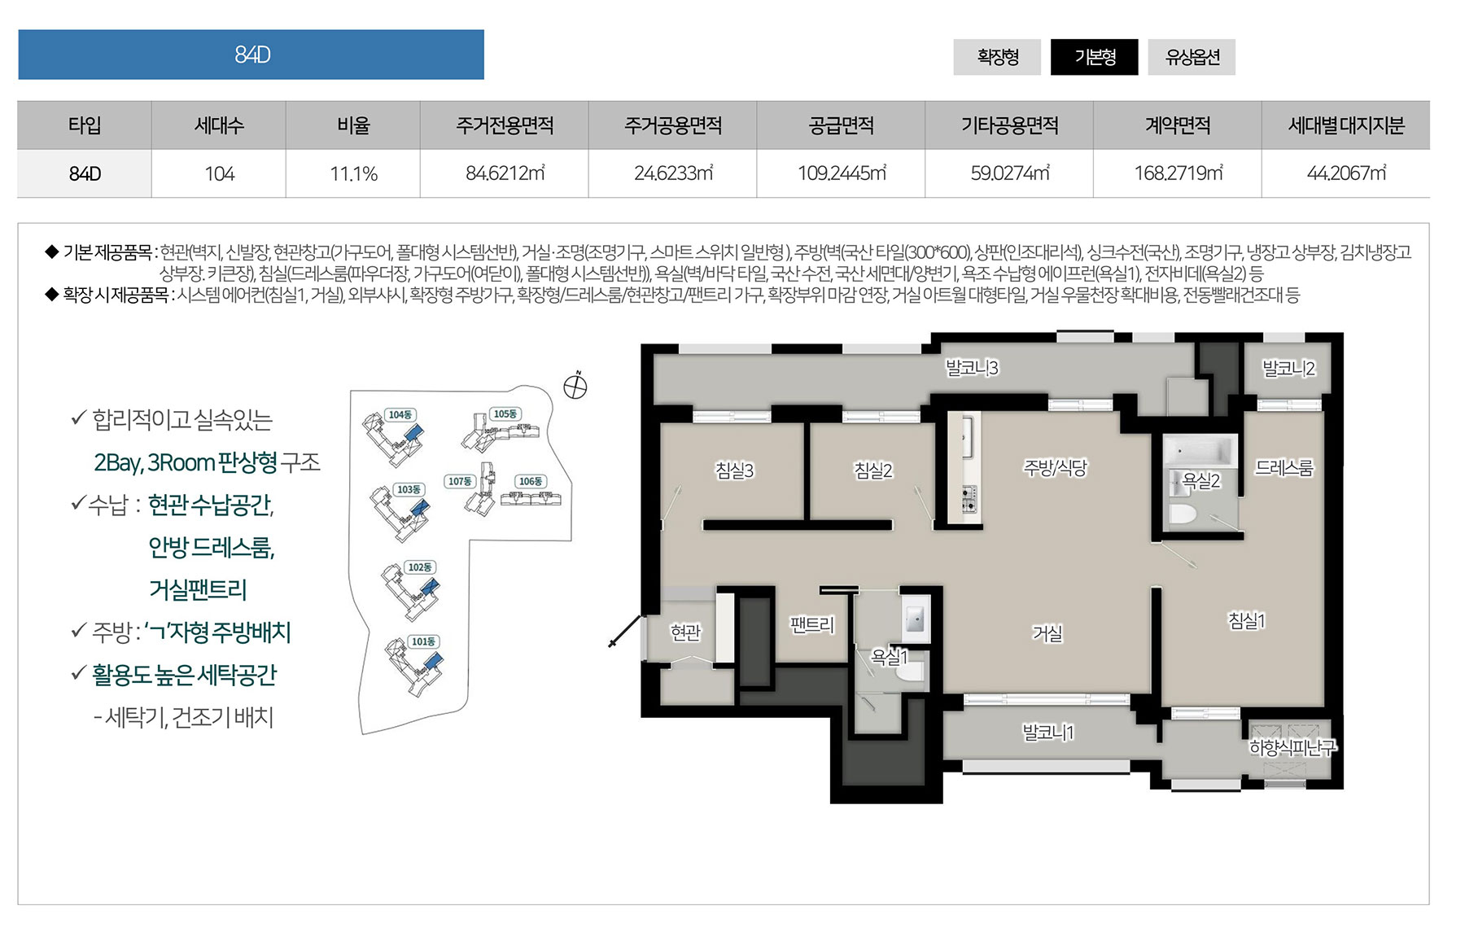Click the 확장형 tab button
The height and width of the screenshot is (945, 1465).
click(x=997, y=57)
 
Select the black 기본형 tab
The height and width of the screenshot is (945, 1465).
click(x=1095, y=57)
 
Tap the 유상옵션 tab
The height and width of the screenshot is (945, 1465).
click(x=1192, y=57)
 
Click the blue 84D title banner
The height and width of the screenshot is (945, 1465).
click(x=251, y=55)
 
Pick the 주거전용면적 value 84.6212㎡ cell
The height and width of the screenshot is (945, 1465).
click(x=505, y=173)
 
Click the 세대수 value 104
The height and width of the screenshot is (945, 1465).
click(x=219, y=173)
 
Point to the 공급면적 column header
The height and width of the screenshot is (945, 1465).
click(x=841, y=125)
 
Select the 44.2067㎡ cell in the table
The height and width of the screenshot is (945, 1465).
click(x=1345, y=173)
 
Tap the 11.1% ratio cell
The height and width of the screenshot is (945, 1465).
click(x=353, y=173)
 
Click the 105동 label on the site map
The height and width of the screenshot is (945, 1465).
click(x=505, y=414)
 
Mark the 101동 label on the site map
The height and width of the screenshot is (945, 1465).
click(x=423, y=641)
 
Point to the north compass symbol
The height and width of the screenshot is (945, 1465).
click(x=575, y=387)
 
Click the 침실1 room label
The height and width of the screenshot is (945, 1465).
click(x=1246, y=621)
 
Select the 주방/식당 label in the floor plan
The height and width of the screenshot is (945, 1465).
click(x=1055, y=468)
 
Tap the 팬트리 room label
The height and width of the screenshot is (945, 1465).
click(x=812, y=625)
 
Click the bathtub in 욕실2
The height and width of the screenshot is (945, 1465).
click(x=1200, y=450)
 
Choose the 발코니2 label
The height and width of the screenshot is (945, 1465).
click(x=1288, y=369)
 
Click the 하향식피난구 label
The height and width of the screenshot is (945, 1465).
click(x=1292, y=747)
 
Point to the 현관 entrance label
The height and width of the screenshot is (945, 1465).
click(x=685, y=632)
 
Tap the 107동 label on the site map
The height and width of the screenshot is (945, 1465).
click(x=460, y=481)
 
